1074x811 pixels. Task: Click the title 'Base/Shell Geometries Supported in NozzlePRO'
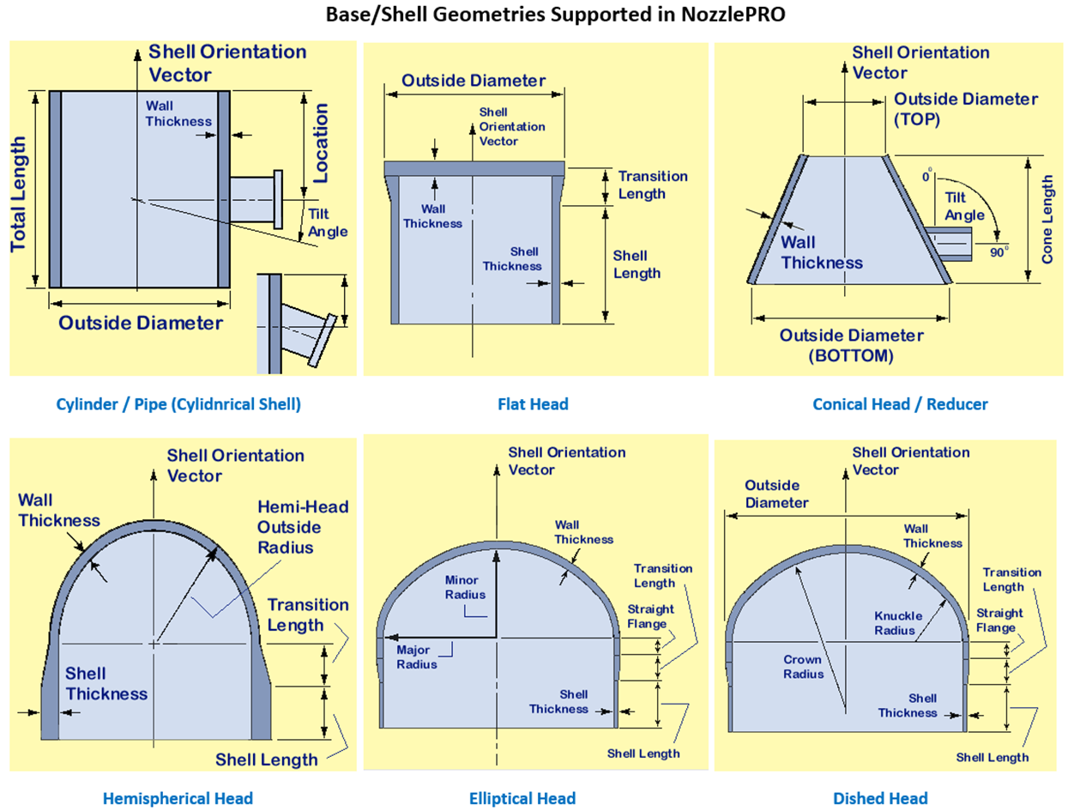(537, 16)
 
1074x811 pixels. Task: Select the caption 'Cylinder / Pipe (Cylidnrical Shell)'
(178, 403)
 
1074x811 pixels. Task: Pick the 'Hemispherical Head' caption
(178, 798)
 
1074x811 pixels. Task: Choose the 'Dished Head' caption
(880, 798)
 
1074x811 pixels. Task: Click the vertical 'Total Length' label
(19, 193)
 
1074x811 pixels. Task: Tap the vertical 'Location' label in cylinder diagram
(322, 143)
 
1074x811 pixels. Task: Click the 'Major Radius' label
(417, 657)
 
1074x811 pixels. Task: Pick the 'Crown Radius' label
(803, 667)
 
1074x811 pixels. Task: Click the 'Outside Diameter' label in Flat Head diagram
(474, 81)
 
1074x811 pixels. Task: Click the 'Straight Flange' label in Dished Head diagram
(999, 620)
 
